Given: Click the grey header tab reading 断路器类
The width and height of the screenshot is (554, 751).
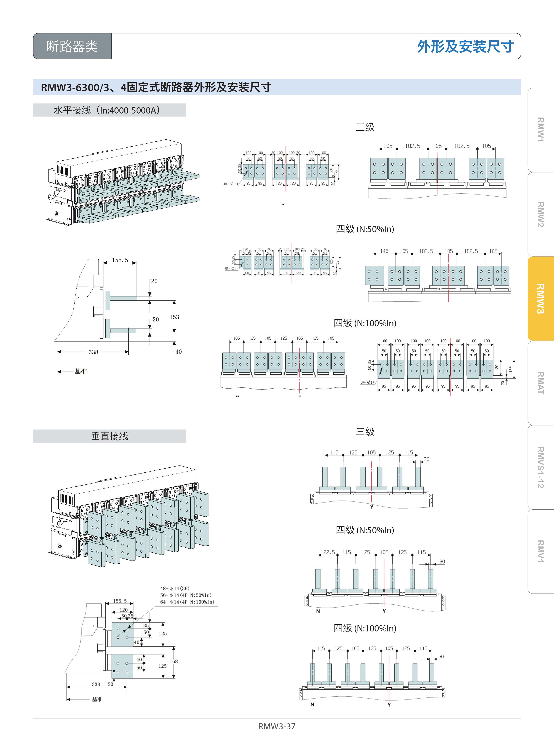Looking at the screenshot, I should coord(72,46).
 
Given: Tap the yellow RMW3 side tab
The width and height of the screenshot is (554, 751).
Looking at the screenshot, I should coord(540,298).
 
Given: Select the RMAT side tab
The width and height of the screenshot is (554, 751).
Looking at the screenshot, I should coord(540,383).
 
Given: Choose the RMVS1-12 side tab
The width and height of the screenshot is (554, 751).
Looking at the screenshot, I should coord(540,467).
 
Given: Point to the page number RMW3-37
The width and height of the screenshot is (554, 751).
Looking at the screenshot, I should coord(277,726).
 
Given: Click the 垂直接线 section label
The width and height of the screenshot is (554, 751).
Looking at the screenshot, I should coord(109,436).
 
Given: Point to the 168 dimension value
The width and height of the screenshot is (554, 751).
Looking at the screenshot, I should coord(174,661).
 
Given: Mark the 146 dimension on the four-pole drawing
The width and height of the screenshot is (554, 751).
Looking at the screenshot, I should coord(384,251).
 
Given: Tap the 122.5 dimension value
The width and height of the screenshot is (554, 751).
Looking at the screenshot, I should coord(328,552).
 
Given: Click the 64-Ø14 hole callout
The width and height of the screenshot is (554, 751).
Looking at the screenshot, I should coord(367,382).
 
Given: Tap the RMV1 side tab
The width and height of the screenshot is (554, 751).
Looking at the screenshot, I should coord(540,551).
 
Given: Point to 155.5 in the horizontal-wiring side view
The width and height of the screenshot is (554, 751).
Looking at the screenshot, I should coord(120,260).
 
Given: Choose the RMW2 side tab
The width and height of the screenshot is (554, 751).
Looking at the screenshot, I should coord(540,214).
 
